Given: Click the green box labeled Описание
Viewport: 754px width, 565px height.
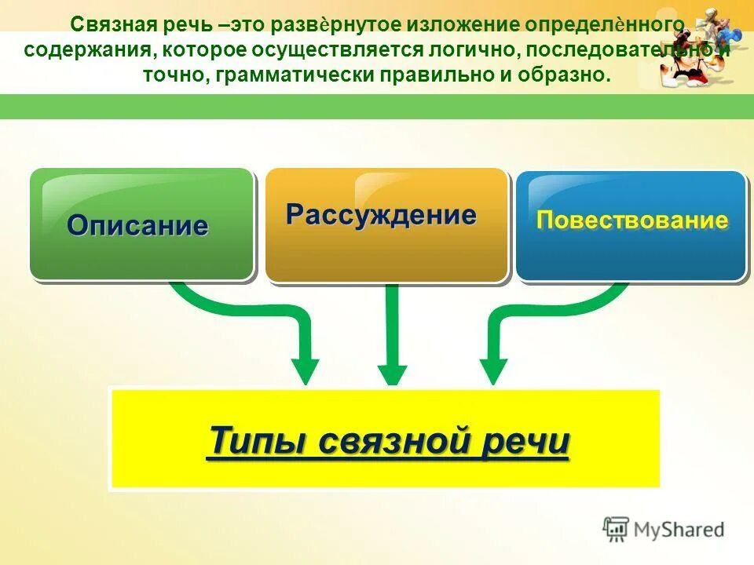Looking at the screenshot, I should [141, 224].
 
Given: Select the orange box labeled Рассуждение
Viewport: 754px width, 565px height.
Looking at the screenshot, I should [386, 224].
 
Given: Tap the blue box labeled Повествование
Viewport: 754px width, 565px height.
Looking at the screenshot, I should [631, 224].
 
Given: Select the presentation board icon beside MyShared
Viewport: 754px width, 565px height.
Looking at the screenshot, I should [617, 529].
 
